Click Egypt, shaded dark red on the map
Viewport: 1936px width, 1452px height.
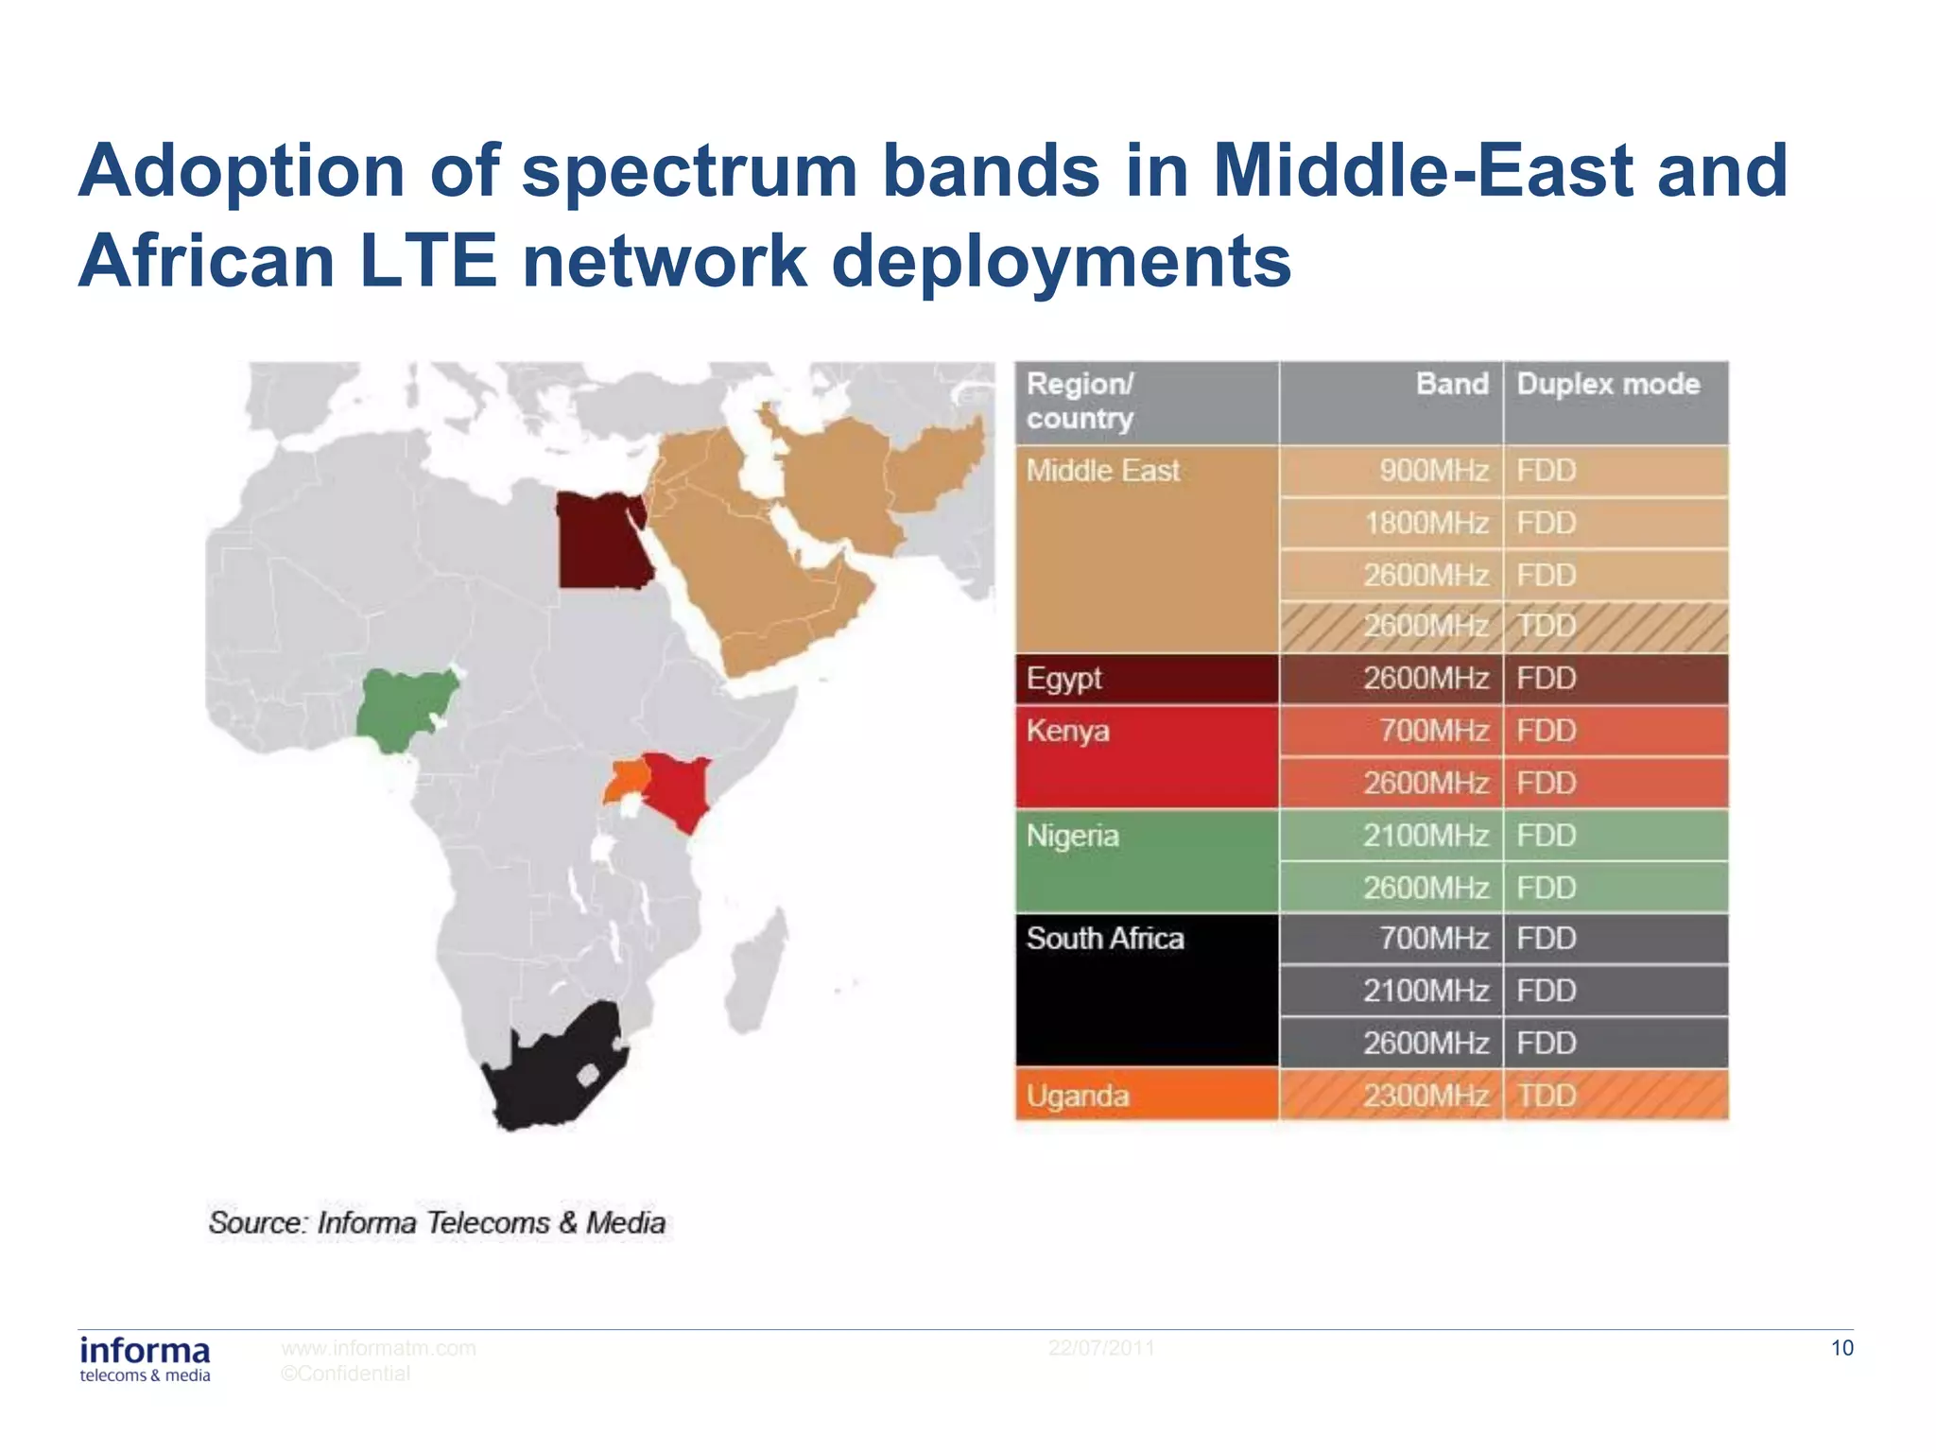point(601,540)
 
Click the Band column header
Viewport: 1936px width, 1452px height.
point(1451,385)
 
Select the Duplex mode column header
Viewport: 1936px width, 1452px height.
point(1608,385)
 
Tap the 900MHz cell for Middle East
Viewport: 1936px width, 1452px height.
point(1433,471)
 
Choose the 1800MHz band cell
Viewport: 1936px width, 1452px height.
point(1426,523)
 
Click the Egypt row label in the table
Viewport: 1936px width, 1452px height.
point(1064,679)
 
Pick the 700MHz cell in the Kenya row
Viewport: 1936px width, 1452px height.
point(1433,731)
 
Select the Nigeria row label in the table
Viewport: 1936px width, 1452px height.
point(1073,836)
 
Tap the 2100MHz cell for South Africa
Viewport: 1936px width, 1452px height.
point(1426,991)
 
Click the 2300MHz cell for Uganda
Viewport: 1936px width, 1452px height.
point(1426,1096)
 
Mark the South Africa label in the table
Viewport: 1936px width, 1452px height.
point(1105,939)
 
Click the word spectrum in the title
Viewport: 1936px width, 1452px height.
point(689,171)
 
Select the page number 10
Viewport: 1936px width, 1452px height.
point(1841,1348)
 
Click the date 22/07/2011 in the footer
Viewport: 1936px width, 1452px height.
point(1101,1348)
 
